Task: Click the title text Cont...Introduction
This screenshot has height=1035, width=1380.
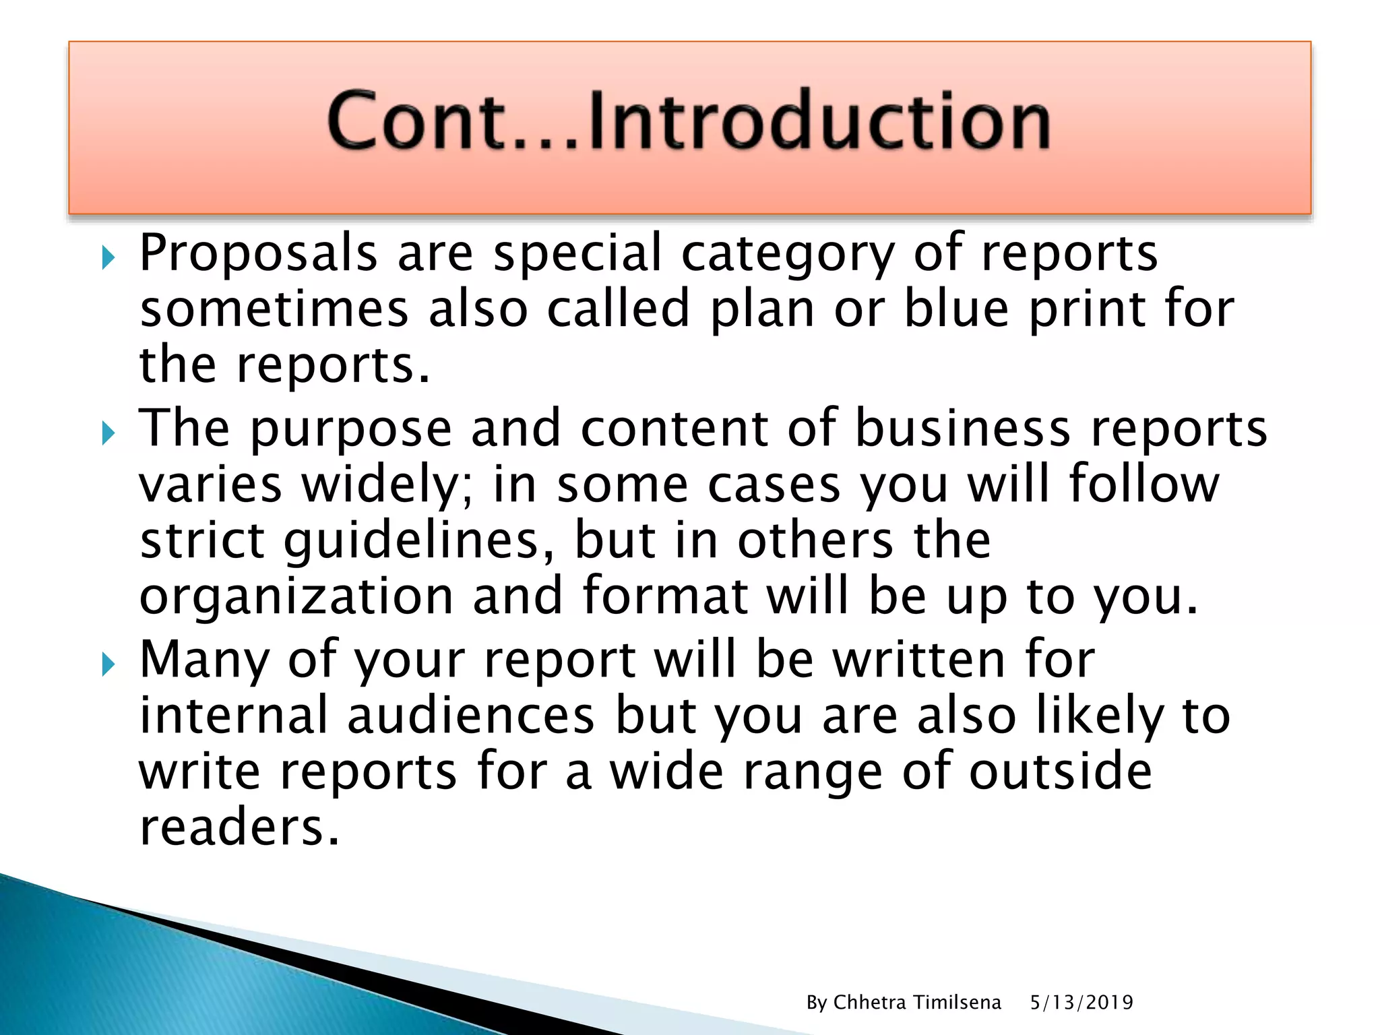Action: coord(689,121)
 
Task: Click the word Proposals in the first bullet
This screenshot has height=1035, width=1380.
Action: coord(258,253)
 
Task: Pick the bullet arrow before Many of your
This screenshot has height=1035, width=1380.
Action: coord(108,664)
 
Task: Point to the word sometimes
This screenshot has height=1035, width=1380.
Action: coord(274,309)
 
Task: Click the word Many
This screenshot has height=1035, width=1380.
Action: coord(205,660)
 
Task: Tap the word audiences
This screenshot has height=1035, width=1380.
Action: coord(471,716)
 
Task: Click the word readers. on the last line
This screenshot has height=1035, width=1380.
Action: coord(239,827)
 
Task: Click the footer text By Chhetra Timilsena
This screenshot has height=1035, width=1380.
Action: coord(904,1003)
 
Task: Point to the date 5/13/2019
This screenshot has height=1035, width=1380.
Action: coord(1081,1003)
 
